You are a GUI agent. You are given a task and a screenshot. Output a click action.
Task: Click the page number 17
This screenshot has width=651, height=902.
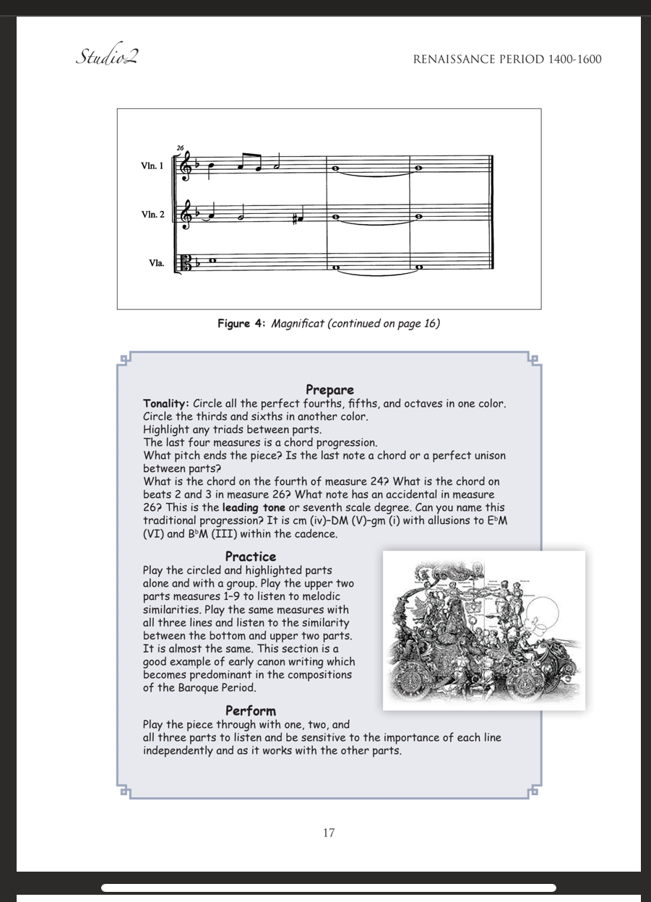[x=329, y=833]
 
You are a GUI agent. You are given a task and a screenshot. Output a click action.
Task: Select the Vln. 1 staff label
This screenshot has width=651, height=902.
[x=152, y=166]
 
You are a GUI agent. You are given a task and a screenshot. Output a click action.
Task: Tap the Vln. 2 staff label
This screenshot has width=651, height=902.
[x=152, y=215]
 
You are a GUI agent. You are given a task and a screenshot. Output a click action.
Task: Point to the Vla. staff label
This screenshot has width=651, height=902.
[x=156, y=263]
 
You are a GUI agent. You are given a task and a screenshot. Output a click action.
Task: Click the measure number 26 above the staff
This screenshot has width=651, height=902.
[x=180, y=148]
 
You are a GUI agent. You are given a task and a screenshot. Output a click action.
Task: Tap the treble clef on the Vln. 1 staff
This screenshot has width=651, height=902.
[x=186, y=168]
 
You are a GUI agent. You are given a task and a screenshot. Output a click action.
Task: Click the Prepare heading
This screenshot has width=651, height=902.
[x=329, y=390]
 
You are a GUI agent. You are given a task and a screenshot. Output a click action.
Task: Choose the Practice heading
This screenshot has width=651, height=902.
[x=250, y=557]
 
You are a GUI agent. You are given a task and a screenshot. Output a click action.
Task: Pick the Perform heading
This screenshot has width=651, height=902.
[x=250, y=710]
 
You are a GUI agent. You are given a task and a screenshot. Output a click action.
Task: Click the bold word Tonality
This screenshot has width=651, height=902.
[x=166, y=403]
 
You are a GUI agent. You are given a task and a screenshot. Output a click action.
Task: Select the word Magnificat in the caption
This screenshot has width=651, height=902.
[x=298, y=323]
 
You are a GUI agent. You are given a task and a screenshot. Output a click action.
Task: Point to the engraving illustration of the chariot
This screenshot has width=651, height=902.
[x=483, y=630]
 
